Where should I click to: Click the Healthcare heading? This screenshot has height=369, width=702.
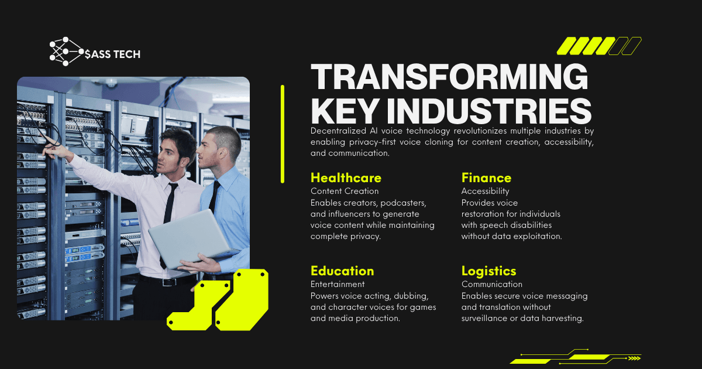tap(346, 178)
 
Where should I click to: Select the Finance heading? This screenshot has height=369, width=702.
tap(486, 178)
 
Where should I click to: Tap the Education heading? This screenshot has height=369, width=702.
tap(342, 271)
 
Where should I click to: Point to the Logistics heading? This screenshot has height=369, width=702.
tap(488, 271)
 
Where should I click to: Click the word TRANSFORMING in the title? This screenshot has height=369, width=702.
tap(449, 77)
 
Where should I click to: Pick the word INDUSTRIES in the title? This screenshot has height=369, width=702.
tap(489, 111)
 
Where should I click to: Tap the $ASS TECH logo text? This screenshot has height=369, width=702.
tap(112, 54)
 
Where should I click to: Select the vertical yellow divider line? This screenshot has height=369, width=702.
tap(283, 134)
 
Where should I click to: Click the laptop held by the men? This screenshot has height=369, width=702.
tap(191, 238)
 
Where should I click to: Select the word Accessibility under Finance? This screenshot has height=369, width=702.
tap(485, 191)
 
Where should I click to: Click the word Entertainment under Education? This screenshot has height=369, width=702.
tap(338, 284)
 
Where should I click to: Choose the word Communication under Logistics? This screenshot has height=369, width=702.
tap(492, 284)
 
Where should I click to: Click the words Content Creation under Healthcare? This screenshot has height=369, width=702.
tap(345, 191)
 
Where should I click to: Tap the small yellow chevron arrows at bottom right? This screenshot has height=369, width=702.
tap(634, 358)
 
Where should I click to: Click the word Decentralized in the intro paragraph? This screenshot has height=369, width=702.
tap(338, 131)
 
